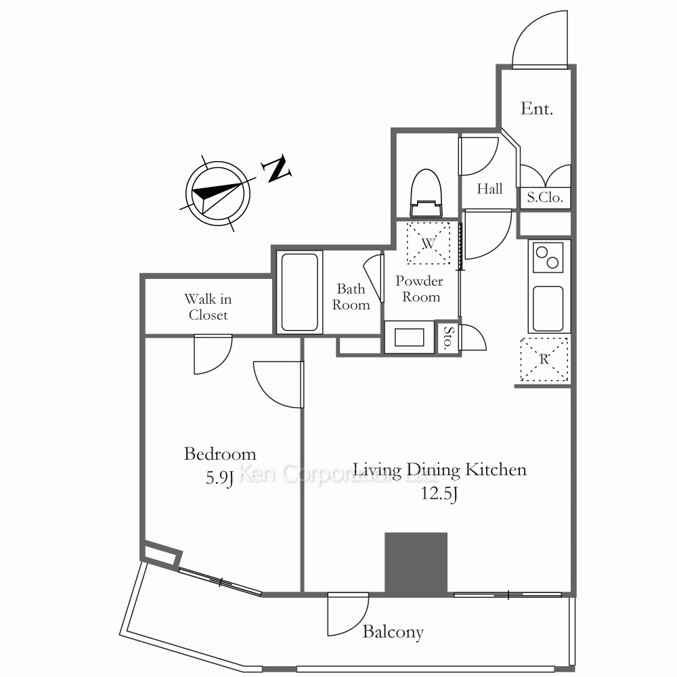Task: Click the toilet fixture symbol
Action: coord(426,193)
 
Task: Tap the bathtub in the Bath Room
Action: coord(299,292)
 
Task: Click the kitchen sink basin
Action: coord(548,308)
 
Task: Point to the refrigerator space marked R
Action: coord(544,359)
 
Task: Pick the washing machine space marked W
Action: coord(429,243)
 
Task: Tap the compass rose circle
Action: coord(218,193)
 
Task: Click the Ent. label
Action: coord(537,108)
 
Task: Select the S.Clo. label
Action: coord(545,198)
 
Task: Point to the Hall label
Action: coord(489,189)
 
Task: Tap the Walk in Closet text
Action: coord(208,307)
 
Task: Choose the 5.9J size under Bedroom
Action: coord(220,478)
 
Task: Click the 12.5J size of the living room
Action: coord(439,493)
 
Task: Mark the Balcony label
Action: coord(393,632)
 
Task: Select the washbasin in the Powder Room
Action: coord(410,337)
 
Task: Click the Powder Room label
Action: coord(419,289)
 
